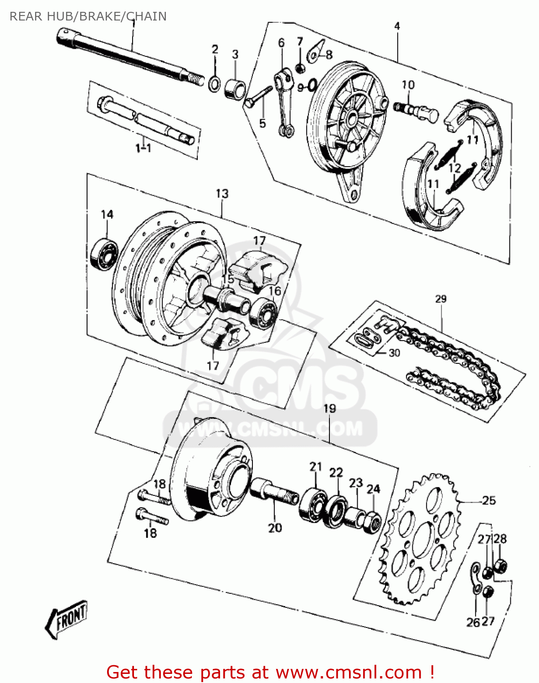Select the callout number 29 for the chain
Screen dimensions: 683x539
(441, 299)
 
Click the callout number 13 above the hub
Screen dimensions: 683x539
(222, 194)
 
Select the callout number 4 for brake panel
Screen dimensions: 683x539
(397, 26)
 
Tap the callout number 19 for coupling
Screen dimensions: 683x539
(329, 408)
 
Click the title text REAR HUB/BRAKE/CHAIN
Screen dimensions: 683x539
(88, 16)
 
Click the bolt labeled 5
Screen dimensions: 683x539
(256, 98)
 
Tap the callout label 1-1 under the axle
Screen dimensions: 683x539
(143, 148)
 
